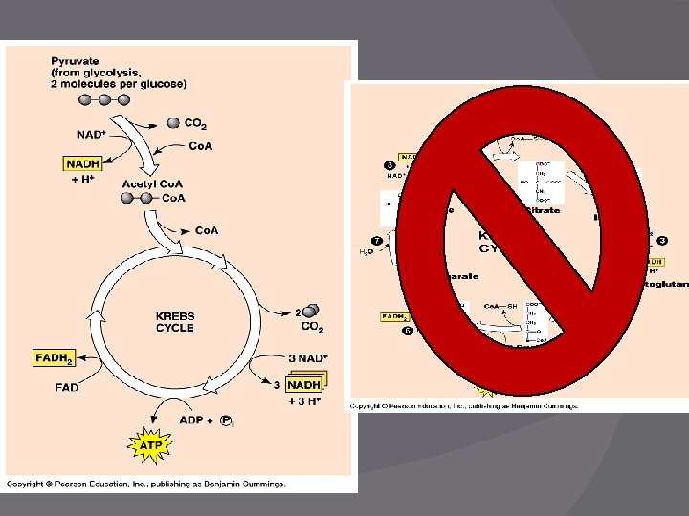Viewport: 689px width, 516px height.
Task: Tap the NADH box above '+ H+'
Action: [x=83, y=164]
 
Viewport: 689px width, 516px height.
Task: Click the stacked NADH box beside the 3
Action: [x=303, y=385]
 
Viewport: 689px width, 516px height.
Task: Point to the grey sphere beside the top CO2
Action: [x=173, y=122]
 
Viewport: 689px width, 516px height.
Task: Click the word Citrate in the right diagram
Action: [x=543, y=210]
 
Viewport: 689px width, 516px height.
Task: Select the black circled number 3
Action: [x=661, y=240]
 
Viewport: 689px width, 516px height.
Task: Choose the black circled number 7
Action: [x=377, y=240]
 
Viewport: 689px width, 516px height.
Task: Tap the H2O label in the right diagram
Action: [x=366, y=252]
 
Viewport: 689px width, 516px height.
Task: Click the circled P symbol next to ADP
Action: [x=226, y=419]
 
